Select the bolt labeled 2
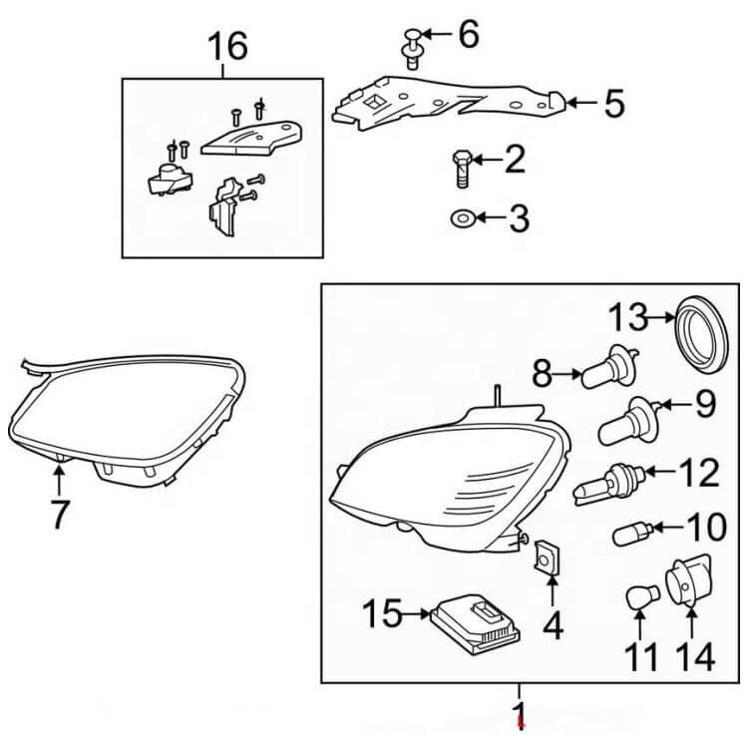pyautogui.click(x=462, y=170)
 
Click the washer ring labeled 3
pyautogui.click(x=462, y=216)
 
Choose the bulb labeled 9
pyautogui.click(x=626, y=420)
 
